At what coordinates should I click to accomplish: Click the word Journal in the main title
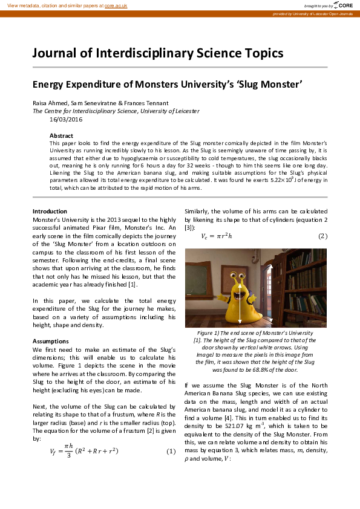(x=56, y=53)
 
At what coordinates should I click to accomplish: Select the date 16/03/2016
(x=49, y=119)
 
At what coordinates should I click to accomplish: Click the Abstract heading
(x=61, y=135)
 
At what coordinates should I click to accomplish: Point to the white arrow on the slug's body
(x=241, y=302)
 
